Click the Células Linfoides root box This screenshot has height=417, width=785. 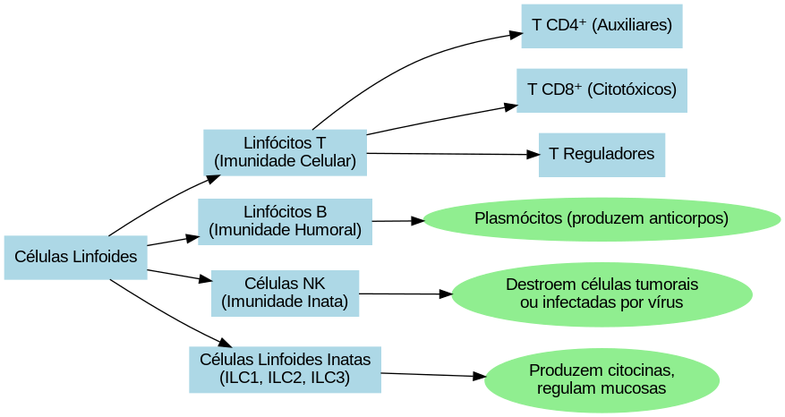click(x=75, y=258)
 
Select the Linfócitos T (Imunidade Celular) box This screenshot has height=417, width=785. click(x=285, y=152)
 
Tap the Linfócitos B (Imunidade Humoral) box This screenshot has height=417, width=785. click(x=285, y=221)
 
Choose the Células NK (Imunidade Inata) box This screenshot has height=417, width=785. click(x=285, y=293)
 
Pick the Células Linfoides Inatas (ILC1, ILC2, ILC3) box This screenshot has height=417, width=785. click(x=285, y=369)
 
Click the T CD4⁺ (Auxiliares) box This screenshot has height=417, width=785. click(x=602, y=26)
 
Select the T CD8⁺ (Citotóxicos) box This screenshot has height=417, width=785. click(x=602, y=89)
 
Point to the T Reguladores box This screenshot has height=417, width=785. click(x=602, y=154)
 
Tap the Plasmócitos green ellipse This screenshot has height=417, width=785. click(x=602, y=219)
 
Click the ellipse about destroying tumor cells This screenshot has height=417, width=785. click(x=602, y=294)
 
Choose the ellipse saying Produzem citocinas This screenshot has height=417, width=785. click(x=602, y=380)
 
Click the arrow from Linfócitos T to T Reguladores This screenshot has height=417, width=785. click(x=452, y=154)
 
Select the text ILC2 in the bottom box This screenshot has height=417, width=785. click(x=285, y=378)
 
